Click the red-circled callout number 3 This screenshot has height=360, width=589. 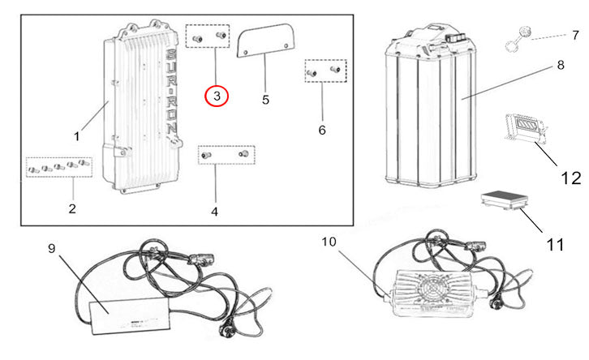click(x=217, y=96)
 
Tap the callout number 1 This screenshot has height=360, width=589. click(x=77, y=137)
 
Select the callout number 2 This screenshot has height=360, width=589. click(x=72, y=209)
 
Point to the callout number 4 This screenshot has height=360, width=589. click(x=215, y=212)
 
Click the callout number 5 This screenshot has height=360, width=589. click(x=266, y=100)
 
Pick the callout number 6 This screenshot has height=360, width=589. click(x=322, y=130)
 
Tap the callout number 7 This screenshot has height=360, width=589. click(x=574, y=36)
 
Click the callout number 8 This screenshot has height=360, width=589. click(x=560, y=64)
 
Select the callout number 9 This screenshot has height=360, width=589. click(x=52, y=249)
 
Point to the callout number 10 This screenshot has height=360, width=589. click(x=329, y=242)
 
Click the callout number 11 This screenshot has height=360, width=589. click(x=554, y=243)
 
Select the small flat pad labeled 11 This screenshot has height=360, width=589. click(x=501, y=200)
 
